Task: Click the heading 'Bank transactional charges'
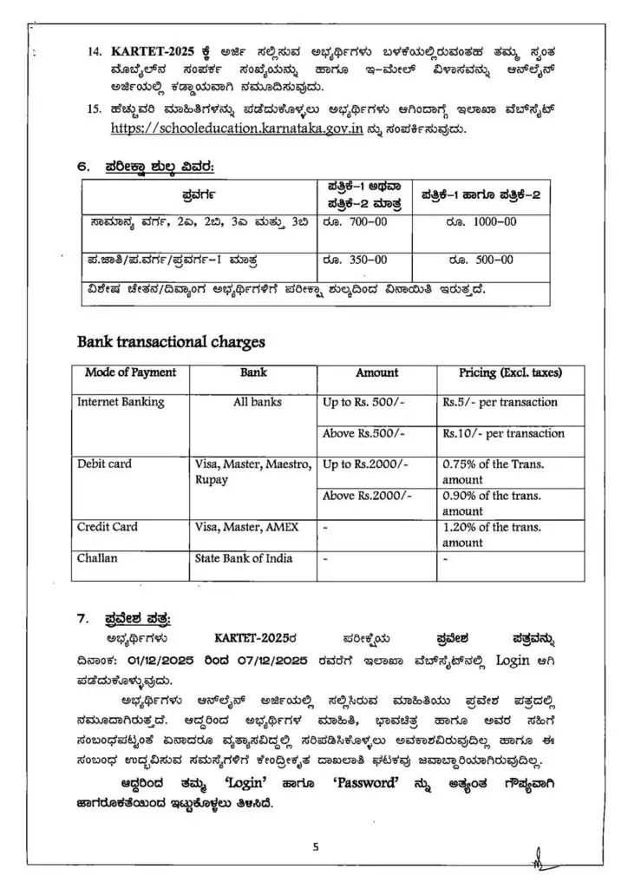pyautogui.click(x=171, y=342)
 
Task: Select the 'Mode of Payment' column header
pyautogui.click(x=130, y=373)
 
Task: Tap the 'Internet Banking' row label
pyautogui.click(x=121, y=403)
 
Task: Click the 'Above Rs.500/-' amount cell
pyautogui.click(x=363, y=433)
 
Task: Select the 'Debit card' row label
pyautogui.click(x=105, y=464)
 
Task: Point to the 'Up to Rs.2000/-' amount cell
pyautogui.click(x=367, y=464)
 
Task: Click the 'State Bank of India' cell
pyautogui.click(x=244, y=558)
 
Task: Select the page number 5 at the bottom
pyautogui.click(x=316, y=848)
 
